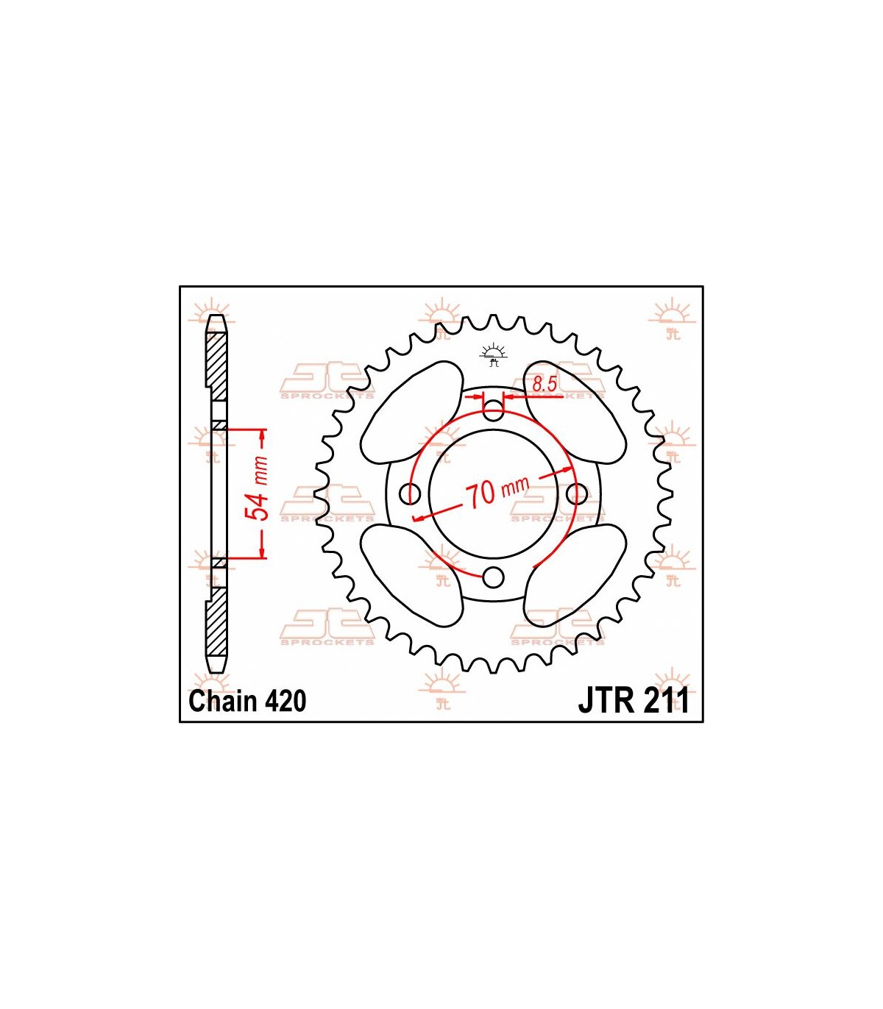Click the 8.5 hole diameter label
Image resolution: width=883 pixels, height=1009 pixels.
tap(544, 384)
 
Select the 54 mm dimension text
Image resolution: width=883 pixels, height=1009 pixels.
tap(258, 488)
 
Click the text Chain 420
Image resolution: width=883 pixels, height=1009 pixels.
tap(248, 701)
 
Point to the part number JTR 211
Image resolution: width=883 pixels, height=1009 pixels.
tap(634, 701)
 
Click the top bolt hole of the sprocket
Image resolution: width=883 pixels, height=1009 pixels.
tap(493, 410)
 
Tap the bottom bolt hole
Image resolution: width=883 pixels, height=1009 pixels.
tap(493, 577)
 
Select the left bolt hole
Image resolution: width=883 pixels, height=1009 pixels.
tap(409, 493)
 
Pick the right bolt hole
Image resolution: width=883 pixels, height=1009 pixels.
tap(577, 493)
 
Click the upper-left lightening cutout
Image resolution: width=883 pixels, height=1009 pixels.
tap(412, 413)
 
